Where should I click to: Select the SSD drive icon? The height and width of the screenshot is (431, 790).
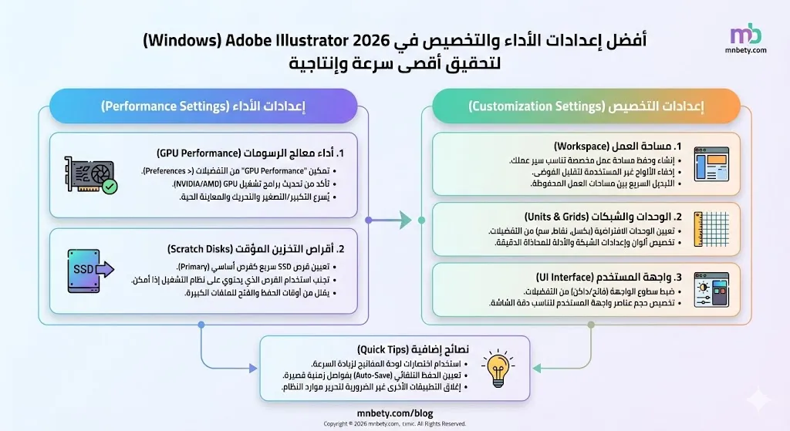[90, 270]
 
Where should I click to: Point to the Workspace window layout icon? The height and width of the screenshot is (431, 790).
[711, 164]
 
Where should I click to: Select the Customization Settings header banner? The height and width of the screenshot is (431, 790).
[586, 106]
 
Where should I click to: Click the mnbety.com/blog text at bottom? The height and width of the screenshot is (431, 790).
[394, 413]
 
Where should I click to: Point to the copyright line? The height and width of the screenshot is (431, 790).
[394, 423]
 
